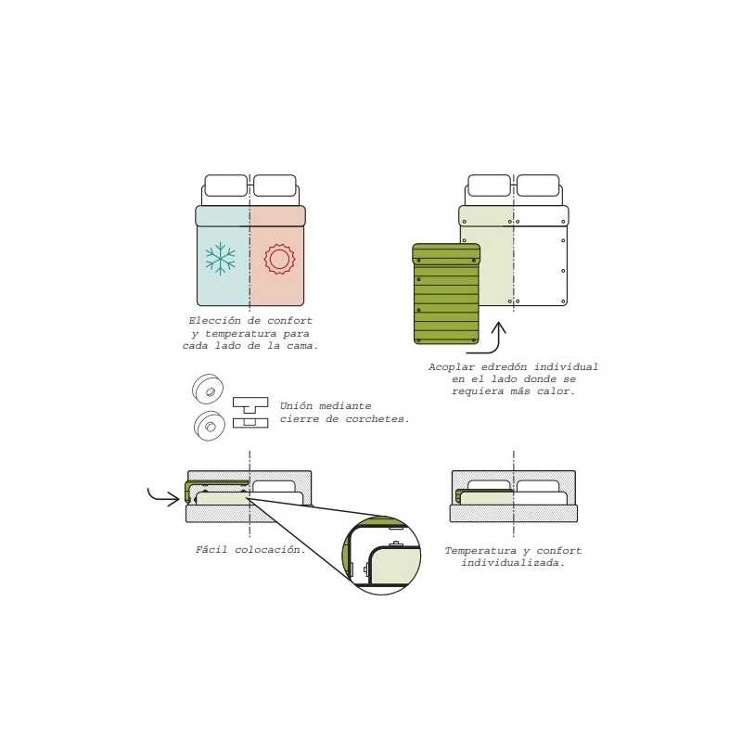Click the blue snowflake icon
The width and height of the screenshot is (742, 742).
tap(221, 259)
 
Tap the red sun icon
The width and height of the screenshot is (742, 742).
tap(279, 259)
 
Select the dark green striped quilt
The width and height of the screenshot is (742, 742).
tap(446, 294)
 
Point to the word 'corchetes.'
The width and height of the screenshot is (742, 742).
tap(377, 419)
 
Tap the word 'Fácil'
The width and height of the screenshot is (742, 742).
tap(211, 549)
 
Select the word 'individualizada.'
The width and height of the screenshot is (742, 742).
tap(513, 563)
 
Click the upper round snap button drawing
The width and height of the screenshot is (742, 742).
tap(208, 389)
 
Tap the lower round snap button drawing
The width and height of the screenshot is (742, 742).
tap(210, 426)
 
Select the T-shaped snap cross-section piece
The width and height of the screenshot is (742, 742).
tap(250, 403)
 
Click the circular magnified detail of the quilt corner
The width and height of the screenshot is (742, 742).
tap(381, 555)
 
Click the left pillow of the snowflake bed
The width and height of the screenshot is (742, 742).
tap(226, 185)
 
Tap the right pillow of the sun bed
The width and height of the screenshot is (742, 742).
tap(275, 185)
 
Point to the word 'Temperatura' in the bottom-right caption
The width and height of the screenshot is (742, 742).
tap(480, 551)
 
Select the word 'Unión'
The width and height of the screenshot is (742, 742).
tap(296, 406)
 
